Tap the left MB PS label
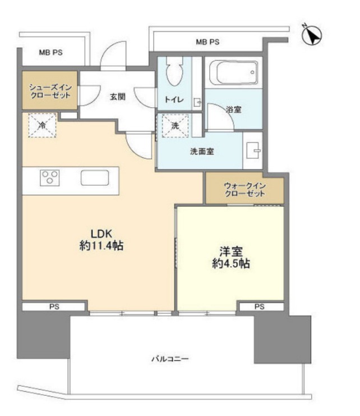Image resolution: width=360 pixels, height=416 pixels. (x=50, y=53)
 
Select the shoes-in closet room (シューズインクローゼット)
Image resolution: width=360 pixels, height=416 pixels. (x=50, y=92)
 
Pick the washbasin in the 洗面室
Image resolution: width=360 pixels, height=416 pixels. (x=252, y=150)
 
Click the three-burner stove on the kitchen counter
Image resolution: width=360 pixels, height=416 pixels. (x=49, y=178)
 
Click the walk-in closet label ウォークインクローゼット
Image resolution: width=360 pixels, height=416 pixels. (x=244, y=190)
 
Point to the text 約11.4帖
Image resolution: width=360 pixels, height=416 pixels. (x=101, y=246)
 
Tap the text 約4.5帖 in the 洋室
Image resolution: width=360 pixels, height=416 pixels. (x=230, y=263)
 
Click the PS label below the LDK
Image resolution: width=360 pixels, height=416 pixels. (x=54, y=307)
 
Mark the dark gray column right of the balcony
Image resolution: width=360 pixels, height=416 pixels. (x=282, y=339)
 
